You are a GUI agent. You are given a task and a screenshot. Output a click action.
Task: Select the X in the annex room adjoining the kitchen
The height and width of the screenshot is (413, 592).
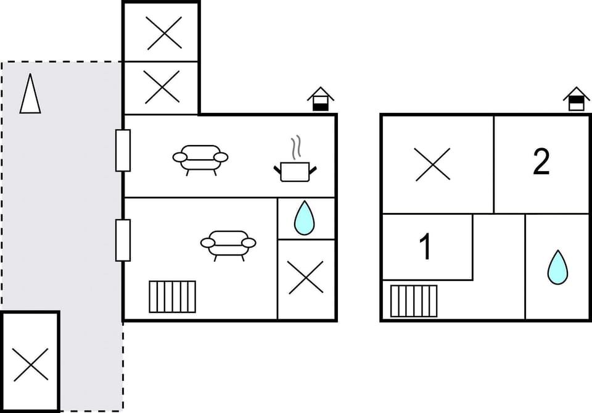click(162, 86)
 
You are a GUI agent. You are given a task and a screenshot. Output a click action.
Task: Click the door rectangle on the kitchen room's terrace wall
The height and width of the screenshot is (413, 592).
click(123, 150)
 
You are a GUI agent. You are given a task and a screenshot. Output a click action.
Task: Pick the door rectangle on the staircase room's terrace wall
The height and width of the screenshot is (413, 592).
click(123, 240)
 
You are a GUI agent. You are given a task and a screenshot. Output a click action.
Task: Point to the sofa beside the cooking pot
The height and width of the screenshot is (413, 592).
click(200, 159)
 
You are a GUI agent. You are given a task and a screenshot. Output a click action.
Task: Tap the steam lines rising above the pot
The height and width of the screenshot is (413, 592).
click(296, 147)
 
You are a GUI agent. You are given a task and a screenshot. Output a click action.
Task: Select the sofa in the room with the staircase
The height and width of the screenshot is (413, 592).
click(228, 244)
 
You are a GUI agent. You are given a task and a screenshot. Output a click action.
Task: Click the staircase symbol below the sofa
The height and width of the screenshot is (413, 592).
click(172, 296)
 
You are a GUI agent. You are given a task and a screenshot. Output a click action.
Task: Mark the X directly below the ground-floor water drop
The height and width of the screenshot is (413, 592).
click(306, 278)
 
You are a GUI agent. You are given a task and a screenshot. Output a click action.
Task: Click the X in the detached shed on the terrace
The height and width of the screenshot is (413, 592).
click(30, 364)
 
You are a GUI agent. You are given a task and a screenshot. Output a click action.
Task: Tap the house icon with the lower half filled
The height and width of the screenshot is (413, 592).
click(320, 99)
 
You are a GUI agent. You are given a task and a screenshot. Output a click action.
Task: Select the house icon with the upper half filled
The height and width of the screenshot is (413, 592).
click(576, 99)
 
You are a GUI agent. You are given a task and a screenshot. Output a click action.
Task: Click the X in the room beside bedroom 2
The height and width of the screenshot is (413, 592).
click(433, 164)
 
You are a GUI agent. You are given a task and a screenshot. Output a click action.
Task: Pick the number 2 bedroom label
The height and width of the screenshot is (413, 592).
click(541, 162)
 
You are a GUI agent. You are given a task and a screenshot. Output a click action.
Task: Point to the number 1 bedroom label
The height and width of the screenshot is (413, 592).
click(425, 247)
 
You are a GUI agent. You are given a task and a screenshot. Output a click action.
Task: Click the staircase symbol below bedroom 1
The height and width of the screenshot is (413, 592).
click(414, 301)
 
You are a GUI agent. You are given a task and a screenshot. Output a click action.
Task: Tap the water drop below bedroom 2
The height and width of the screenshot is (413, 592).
click(557, 267)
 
